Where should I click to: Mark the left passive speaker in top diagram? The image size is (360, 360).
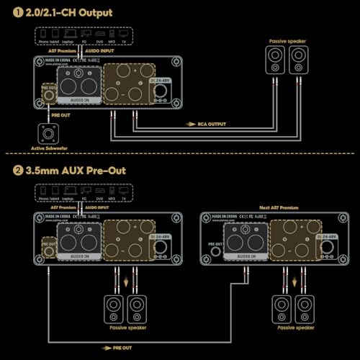[x=276, y=63]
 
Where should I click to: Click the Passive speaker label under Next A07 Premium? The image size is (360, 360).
[x=293, y=328]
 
